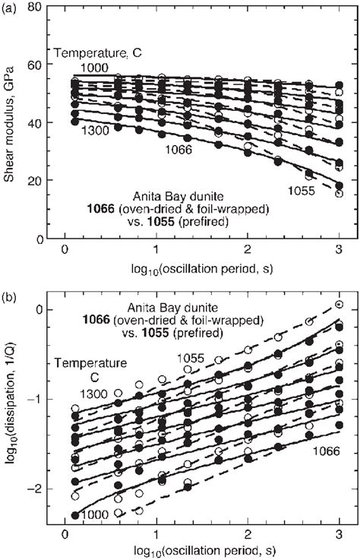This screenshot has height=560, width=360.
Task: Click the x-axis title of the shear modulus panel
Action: click(201, 271)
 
